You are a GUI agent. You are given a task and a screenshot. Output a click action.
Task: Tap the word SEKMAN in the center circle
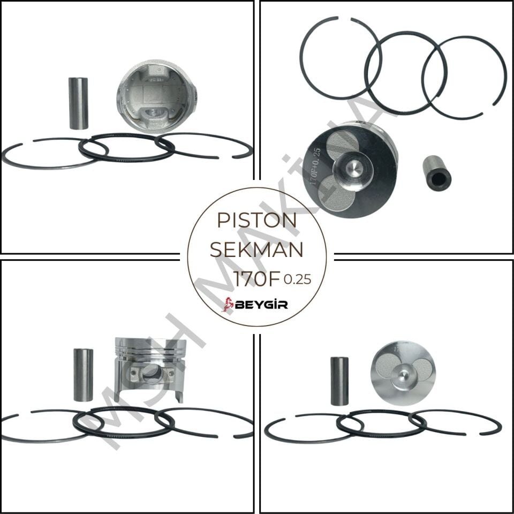[x=256, y=250]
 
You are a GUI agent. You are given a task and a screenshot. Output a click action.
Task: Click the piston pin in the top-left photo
[x=78, y=103]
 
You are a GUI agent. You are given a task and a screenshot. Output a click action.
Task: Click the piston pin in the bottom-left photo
[x=83, y=375]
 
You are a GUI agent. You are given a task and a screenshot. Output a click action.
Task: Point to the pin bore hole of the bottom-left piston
[x=152, y=375]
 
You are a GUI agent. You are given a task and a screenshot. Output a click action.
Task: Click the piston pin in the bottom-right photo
[x=339, y=381]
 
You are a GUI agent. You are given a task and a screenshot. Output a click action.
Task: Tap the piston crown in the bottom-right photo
[x=403, y=372]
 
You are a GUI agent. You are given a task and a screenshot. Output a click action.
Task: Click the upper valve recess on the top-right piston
[x=343, y=145]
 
